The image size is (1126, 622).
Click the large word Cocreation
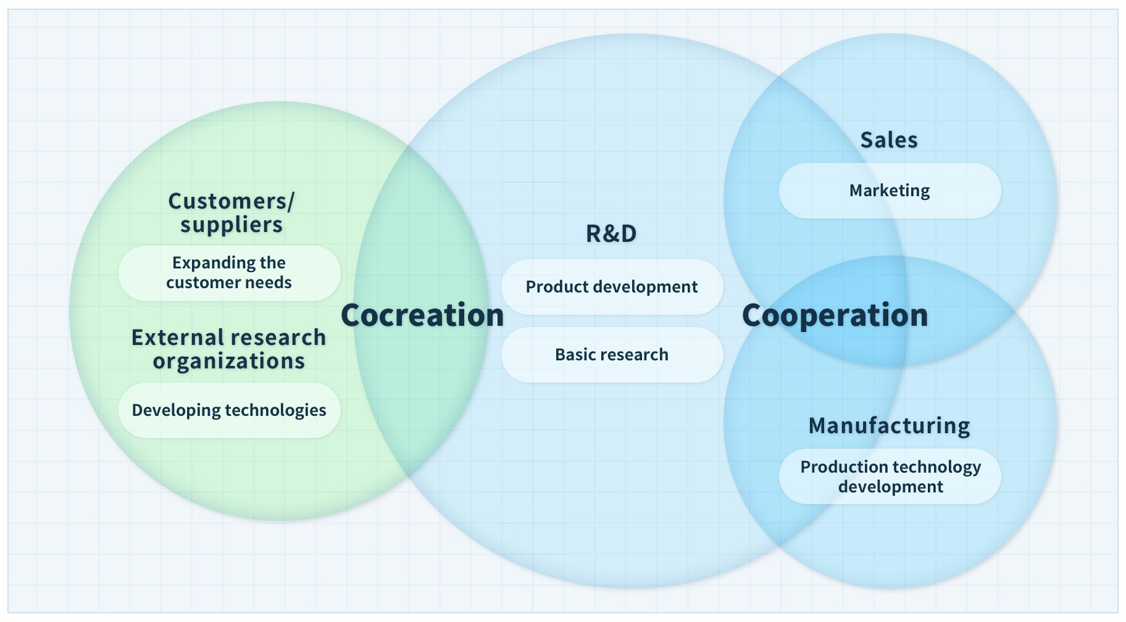[422, 315]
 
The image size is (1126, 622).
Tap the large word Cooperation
[835, 315]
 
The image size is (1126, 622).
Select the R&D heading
[611, 233]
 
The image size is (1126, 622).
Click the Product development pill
[612, 287]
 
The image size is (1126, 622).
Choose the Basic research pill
[612, 355]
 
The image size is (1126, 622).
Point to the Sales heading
[889, 140]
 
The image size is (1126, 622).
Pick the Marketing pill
[890, 191]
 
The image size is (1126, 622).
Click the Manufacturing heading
[889, 426]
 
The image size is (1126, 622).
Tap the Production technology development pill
[890, 476]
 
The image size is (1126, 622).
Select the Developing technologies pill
[229, 410]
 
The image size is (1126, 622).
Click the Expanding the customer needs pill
[229, 273]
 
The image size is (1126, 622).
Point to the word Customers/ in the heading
[231, 201]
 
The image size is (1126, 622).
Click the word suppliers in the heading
[231, 225]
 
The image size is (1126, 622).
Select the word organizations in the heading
[229, 361]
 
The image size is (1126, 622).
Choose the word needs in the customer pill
[268, 283]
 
